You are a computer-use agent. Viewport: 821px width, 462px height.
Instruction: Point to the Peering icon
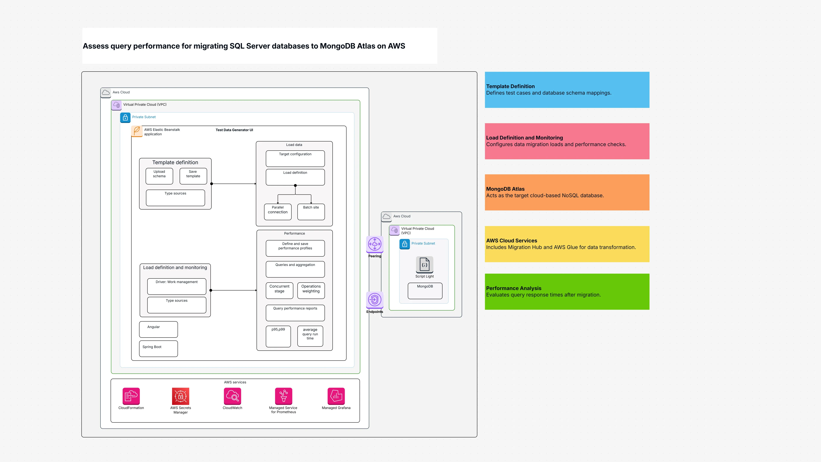(x=374, y=244)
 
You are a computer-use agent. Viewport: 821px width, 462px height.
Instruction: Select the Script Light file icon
(x=425, y=265)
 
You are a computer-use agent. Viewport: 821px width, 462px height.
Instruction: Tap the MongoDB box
(x=425, y=291)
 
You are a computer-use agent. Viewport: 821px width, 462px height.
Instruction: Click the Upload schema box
(x=159, y=176)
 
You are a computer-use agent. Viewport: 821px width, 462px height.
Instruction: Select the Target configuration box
(x=295, y=159)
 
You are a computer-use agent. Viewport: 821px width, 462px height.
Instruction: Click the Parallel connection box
(x=278, y=212)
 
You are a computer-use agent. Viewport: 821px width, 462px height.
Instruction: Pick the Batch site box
(x=311, y=212)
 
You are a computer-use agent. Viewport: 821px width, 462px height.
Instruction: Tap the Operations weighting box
(x=311, y=290)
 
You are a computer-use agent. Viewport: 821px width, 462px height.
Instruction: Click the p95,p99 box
(x=278, y=336)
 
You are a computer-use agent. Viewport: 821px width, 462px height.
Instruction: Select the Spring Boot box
(x=158, y=349)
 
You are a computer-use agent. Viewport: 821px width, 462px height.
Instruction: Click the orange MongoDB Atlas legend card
(x=567, y=192)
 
